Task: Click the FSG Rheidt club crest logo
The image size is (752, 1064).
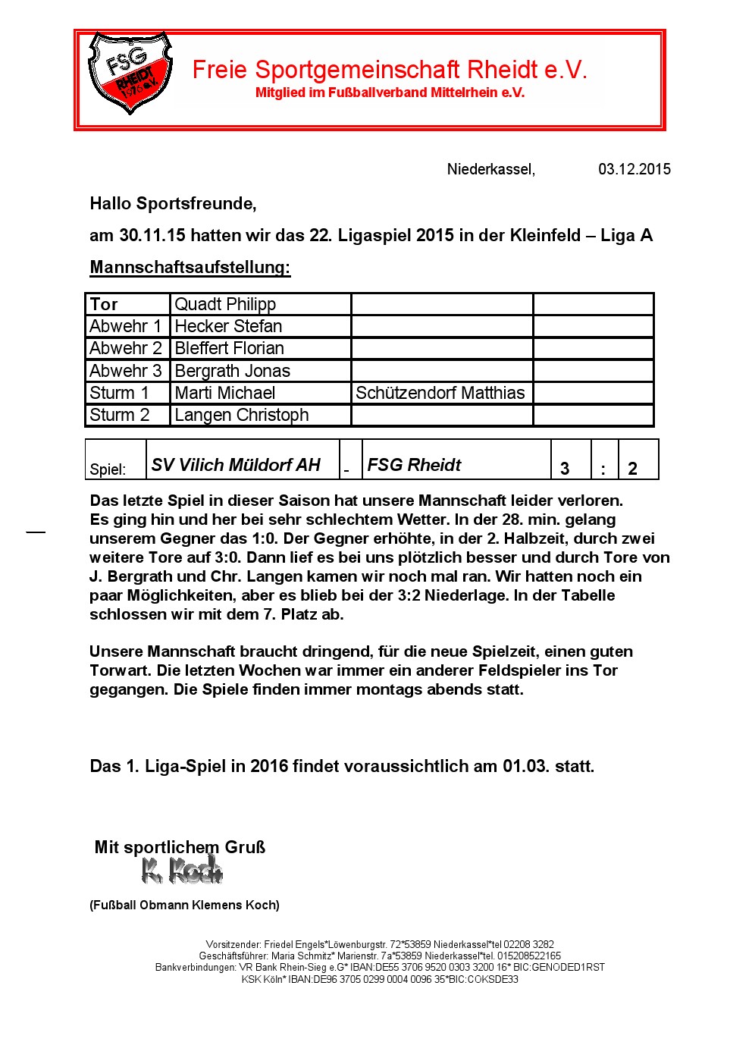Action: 130,73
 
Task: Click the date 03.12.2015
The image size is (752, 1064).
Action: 634,169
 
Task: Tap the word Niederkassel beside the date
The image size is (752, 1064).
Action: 490,169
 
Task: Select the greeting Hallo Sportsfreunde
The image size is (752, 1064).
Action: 173,203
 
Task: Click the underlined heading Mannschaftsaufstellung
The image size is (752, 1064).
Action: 190,267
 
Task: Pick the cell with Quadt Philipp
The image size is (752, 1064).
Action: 225,304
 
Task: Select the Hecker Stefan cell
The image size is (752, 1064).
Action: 228,326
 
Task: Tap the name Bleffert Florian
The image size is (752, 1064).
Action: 229,348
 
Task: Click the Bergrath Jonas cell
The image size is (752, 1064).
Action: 232,371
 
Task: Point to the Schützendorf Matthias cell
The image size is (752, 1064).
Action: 440,393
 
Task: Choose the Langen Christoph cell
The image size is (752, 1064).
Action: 241,415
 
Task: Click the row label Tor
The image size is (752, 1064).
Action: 104,304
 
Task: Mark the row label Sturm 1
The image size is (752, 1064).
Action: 119,393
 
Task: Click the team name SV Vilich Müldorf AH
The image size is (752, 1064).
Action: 236,465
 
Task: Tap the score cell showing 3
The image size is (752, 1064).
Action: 565,468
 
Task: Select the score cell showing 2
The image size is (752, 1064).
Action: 633,468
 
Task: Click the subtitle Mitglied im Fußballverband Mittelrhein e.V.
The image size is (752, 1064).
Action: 390,93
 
